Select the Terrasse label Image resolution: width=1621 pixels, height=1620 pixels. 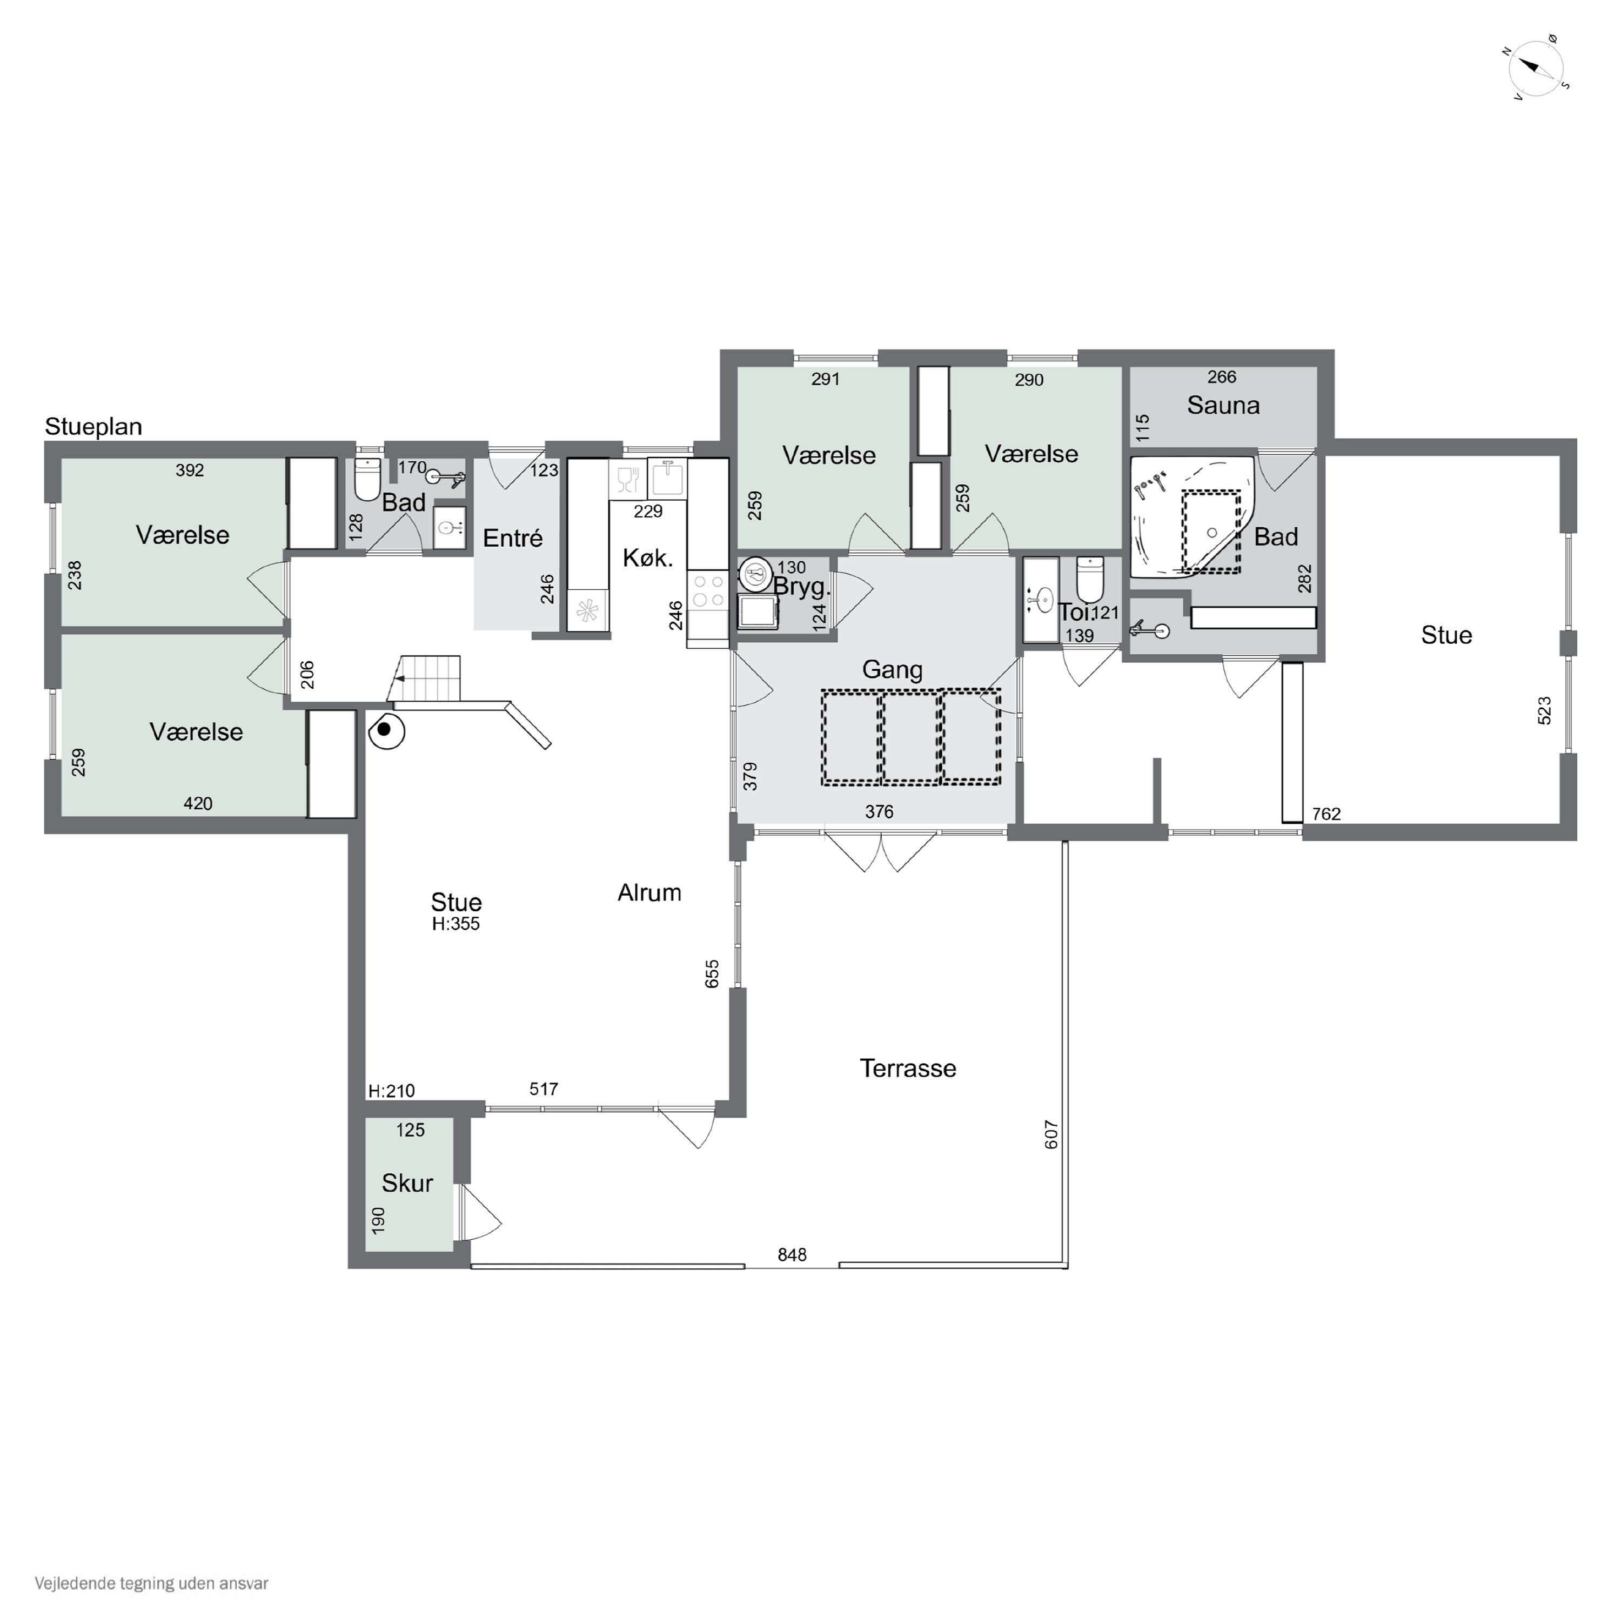(x=908, y=1068)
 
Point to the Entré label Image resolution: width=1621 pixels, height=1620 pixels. (x=513, y=538)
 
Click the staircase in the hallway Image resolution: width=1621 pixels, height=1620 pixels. (x=428, y=678)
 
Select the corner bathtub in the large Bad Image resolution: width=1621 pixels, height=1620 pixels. (x=1191, y=517)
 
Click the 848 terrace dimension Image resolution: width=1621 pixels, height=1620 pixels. (x=792, y=1255)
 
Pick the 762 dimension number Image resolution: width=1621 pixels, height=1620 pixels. (x=1327, y=814)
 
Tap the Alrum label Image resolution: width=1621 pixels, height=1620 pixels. (x=649, y=892)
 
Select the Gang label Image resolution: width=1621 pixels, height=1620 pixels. (x=892, y=669)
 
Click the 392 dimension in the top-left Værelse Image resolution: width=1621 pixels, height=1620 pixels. (x=190, y=470)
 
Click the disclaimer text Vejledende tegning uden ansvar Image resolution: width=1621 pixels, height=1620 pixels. (x=151, y=1584)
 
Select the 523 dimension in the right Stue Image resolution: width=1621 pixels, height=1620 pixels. (x=1545, y=710)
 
